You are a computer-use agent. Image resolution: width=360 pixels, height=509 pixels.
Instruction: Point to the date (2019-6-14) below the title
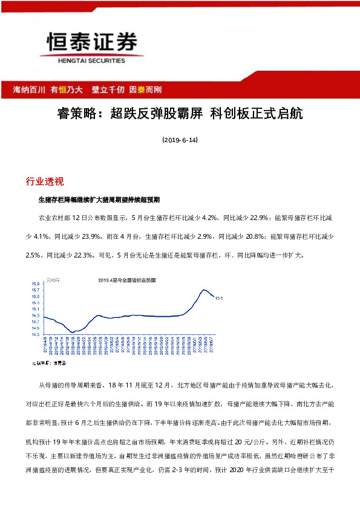pos(180,140)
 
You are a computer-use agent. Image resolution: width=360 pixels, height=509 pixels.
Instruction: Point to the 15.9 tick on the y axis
pos(35,284)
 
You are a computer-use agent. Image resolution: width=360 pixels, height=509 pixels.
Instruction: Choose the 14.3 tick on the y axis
pos(35,334)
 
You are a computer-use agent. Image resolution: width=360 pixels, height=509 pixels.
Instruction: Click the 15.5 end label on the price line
pos(220,298)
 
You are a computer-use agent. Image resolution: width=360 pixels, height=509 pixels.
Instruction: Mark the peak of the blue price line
pos(205,290)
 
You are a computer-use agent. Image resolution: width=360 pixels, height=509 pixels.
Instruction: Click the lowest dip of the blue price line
pos(72,332)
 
